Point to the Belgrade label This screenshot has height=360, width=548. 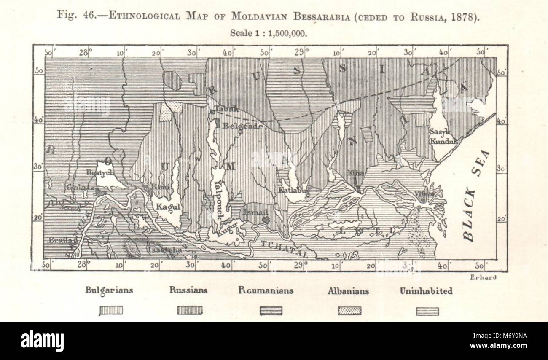tap(236, 125)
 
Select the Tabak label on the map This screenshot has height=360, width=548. tap(228, 109)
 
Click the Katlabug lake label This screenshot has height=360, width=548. tap(294, 190)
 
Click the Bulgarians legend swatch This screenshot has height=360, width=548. tap(111, 311)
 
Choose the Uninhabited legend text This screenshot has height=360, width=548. tap(426, 290)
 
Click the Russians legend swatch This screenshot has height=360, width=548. tap(190, 311)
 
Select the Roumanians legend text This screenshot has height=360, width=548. tap(266, 290)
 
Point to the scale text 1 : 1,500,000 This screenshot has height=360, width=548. tap(282, 33)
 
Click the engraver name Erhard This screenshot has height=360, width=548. tap(482, 277)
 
